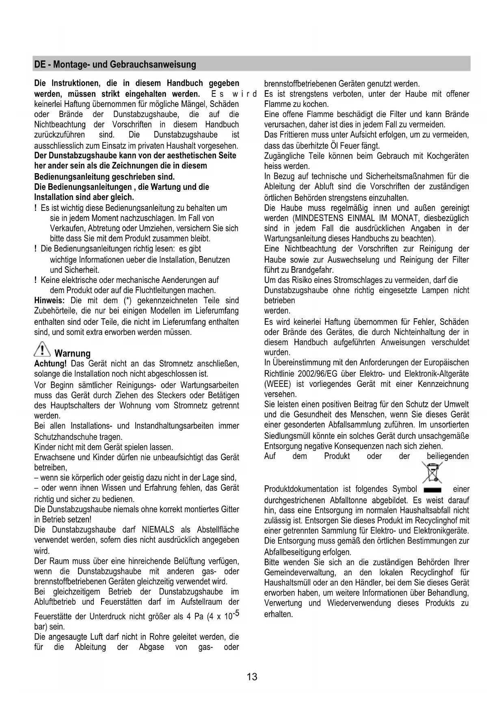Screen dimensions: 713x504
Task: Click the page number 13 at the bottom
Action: pyautogui.click(x=252, y=677)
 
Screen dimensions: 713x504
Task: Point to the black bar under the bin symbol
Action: pyautogui.click(x=432, y=490)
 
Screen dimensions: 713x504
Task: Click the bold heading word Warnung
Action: pyautogui.click(x=72, y=353)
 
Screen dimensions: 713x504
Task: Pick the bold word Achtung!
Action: pyautogui.click(x=50, y=363)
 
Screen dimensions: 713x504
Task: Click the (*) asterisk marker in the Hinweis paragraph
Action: pyautogui.click(x=126, y=301)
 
